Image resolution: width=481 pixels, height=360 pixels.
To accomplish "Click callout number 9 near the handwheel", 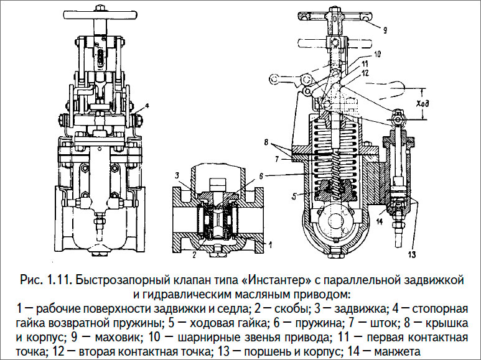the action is pyautogui.click(x=385, y=30).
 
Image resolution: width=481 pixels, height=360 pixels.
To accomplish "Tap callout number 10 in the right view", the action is pyautogui.click(x=377, y=55).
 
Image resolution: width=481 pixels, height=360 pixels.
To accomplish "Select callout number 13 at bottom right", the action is pyautogui.click(x=412, y=254).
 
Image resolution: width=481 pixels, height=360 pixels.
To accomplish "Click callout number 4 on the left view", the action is pyautogui.click(x=147, y=106).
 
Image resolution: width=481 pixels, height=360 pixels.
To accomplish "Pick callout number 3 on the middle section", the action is pyautogui.click(x=177, y=176).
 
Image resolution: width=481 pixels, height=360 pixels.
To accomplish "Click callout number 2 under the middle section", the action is pyautogui.click(x=194, y=254).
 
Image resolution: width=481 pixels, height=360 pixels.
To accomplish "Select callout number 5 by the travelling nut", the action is pyautogui.click(x=294, y=197).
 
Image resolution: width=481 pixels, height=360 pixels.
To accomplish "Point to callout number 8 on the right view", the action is pyautogui.click(x=266, y=142).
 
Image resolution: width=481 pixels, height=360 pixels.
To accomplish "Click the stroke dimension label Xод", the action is pyautogui.click(x=423, y=103).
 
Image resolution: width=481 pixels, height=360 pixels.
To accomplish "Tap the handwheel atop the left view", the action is pyautogui.click(x=100, y=14).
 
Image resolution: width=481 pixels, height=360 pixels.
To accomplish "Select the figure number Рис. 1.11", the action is pyautogui.click(x=46, y=280).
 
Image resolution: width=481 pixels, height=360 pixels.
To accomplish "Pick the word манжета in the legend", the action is pyautogui.click(x=397, y=351).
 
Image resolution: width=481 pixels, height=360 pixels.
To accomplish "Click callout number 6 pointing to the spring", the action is pyautogui.click(x=261, y=176).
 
